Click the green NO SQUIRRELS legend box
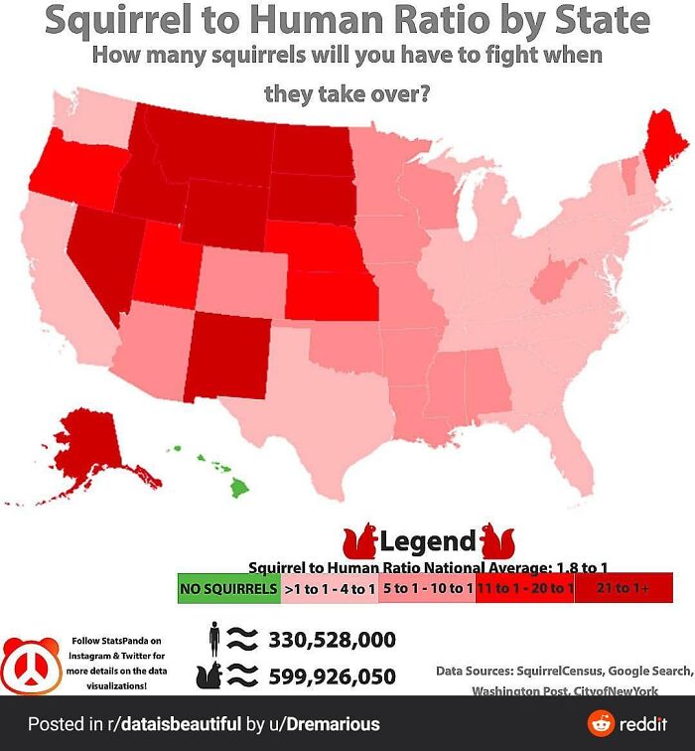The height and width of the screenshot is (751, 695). click(228, 588)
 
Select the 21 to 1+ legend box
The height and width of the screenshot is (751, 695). click(624, 588)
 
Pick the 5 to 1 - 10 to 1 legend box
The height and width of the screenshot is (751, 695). click(427, 588)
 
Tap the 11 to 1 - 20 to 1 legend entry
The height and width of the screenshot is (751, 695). click(524, 588)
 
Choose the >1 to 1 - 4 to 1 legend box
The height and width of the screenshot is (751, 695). click(329, 588)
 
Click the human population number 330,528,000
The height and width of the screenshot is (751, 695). click(332, 639)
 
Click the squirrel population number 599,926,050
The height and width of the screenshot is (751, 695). click(332, 676)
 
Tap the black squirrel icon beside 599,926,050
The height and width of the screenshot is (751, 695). click(210, 676)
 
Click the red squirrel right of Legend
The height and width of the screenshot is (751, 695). click(496, 542)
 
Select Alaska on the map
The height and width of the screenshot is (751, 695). click(84, 447)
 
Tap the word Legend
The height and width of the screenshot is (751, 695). click(428, 541)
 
